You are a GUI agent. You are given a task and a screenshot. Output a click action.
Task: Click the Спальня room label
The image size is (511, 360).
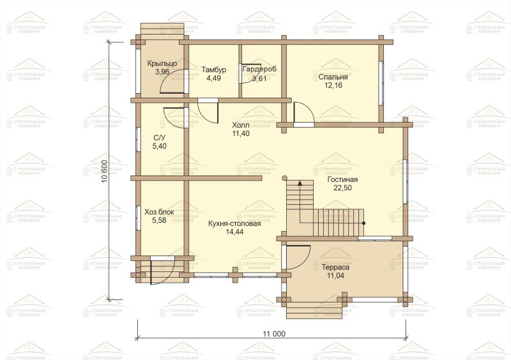[x=333, y=77]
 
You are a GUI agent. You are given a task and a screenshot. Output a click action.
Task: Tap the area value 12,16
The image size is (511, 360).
[x=333, y=86]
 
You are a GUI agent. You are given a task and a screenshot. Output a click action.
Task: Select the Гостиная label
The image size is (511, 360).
[x=342, y=179]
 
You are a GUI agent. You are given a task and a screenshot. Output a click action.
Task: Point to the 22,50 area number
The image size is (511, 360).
[x=342, y=188]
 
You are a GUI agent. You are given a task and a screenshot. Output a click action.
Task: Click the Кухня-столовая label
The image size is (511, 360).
[x=234, y=224]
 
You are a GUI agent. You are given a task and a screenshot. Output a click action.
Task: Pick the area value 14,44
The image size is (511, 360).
[x=234, y=232]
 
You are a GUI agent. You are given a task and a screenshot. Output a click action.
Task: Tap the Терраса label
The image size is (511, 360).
[x=335, y=267]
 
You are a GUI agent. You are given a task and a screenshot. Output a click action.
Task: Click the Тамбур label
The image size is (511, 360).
[x=213, y=70]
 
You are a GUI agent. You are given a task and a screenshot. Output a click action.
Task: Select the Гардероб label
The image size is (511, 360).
[x=259, y=69]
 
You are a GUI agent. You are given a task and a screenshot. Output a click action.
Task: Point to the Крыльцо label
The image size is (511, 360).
[x=162, y=64]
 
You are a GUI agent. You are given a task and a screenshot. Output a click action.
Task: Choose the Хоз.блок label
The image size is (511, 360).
[x=159, y=212]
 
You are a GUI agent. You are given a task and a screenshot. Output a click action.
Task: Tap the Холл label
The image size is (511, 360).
[x=241, y=125]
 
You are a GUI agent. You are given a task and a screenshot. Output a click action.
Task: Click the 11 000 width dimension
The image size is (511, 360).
[x=274, y=334]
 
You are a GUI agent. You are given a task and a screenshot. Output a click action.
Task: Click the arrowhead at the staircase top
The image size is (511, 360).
[x=300, y=183]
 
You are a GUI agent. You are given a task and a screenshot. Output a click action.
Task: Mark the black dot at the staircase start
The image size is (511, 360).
[x=363, y=223]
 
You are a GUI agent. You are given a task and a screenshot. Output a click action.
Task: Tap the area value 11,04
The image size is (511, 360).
[x=335, y=276]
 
